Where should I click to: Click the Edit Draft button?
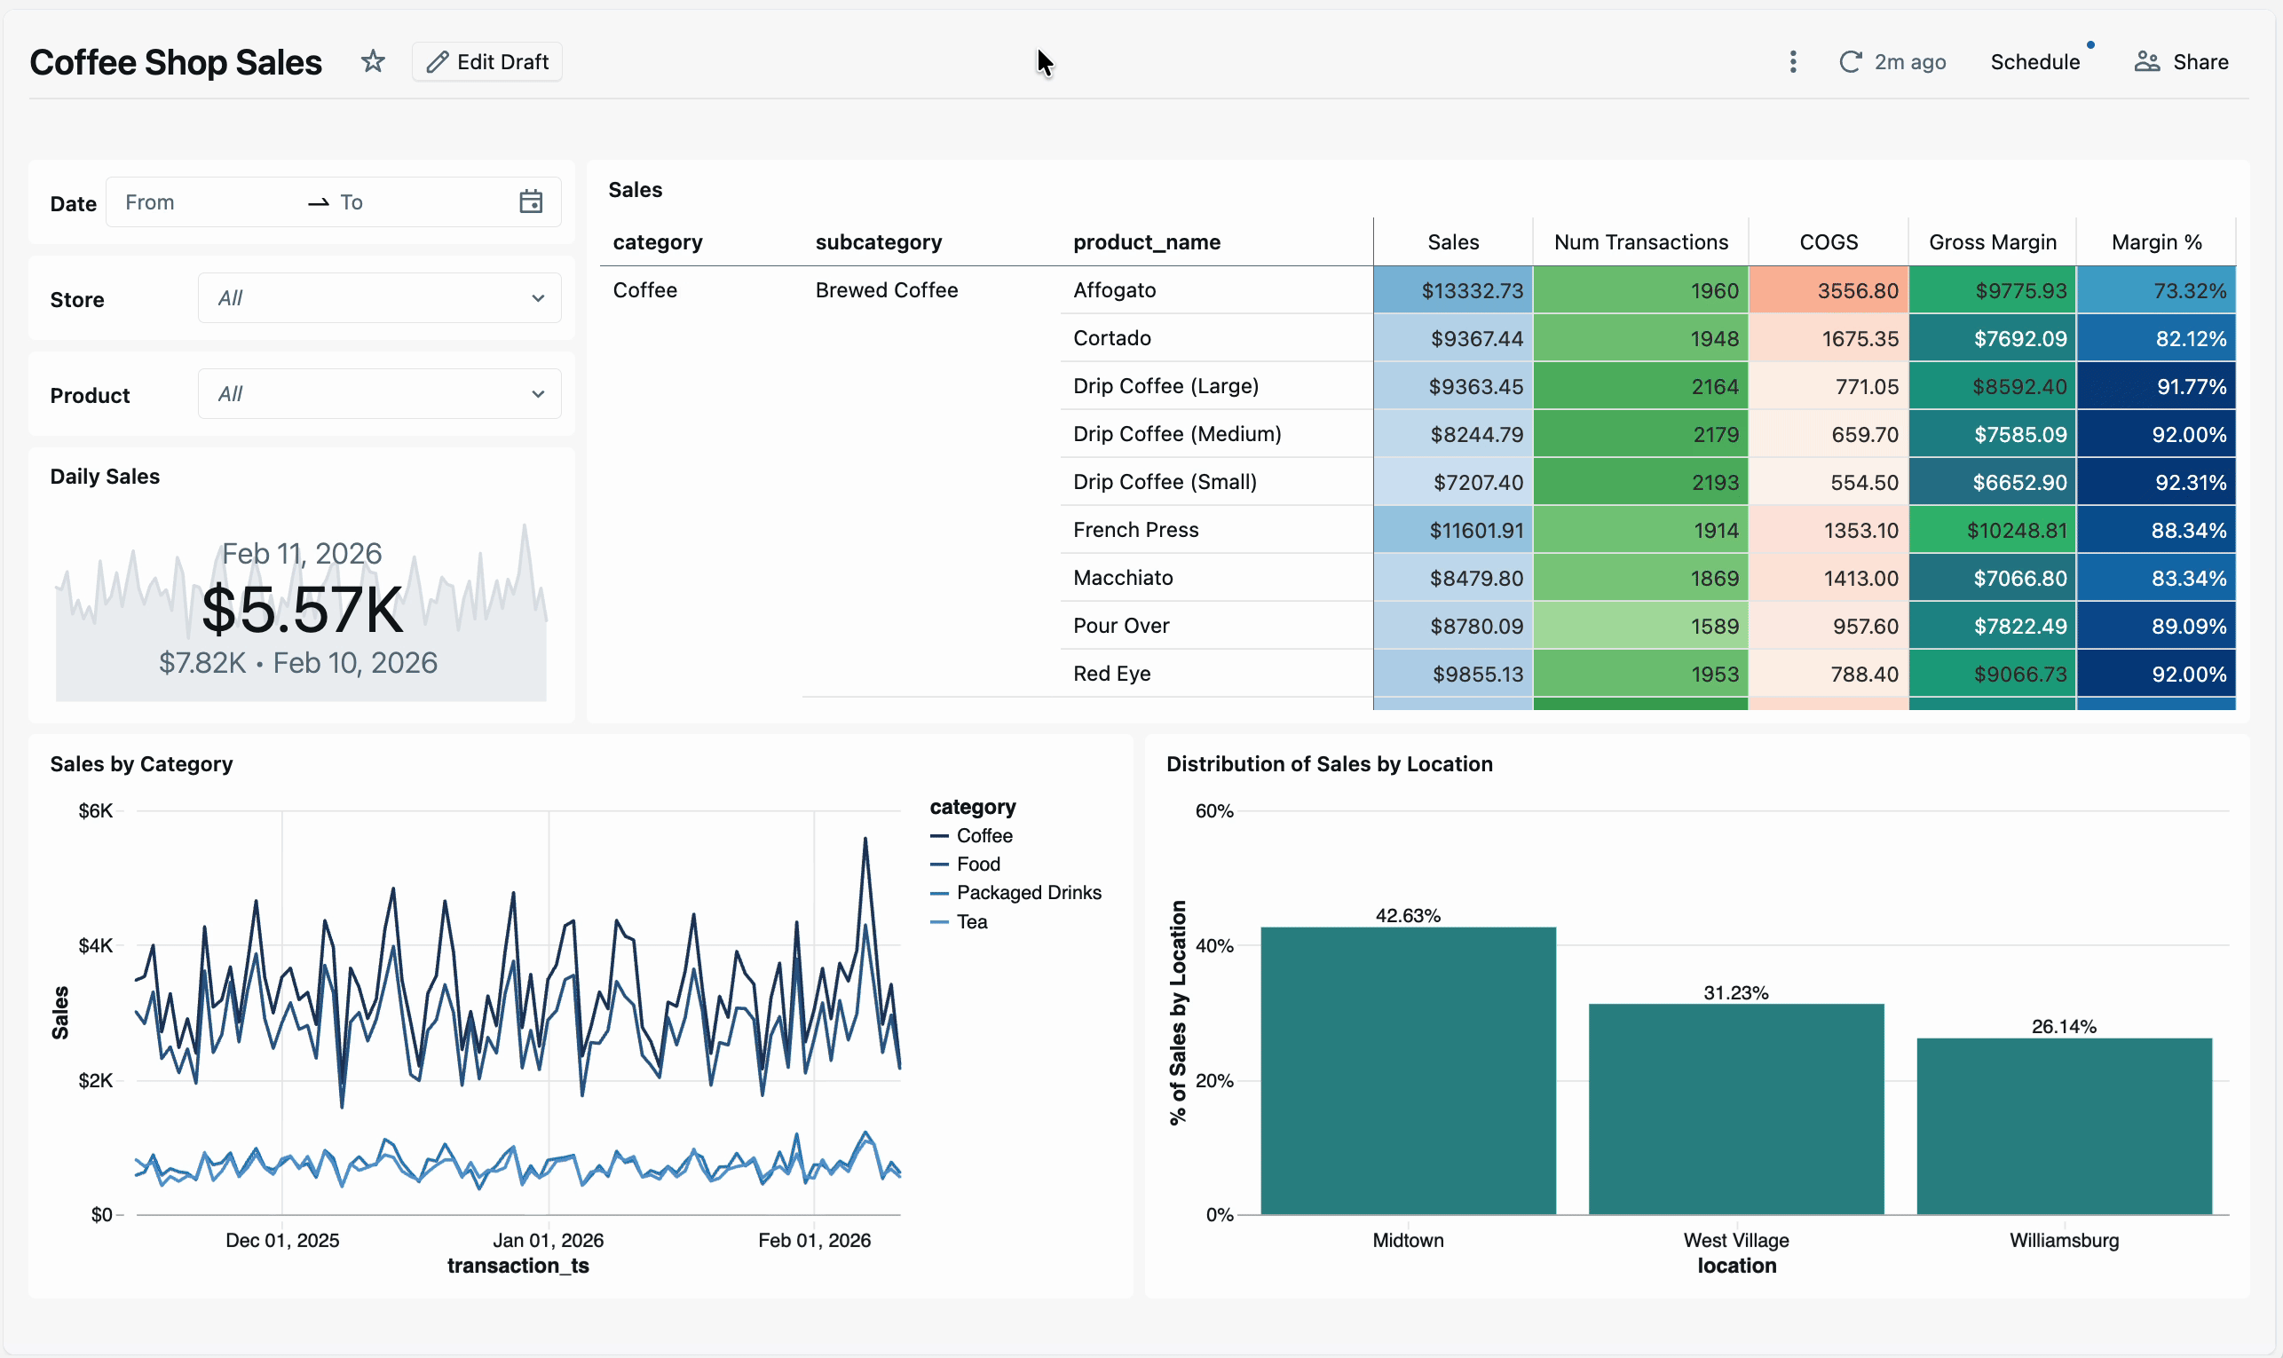point(486,61)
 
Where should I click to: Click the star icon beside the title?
point(373,61)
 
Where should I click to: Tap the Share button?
point(2182,61)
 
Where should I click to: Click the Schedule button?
point(2034,61)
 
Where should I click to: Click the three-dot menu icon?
point(1792,61)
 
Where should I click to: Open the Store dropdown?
point(379,298)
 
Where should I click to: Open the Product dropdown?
point(379,394)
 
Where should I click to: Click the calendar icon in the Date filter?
point(531,202)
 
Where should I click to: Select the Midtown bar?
point(1407,1070)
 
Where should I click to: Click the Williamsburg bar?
point(2064,1125)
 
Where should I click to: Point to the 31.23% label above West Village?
point(1735,993)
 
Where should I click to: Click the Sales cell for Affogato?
point(1452,291)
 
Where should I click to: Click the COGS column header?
point(1828,242)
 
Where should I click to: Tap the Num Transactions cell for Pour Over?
point(1639,626)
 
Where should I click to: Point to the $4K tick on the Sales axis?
point(97,945)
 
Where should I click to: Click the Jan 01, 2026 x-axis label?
point(548,1240)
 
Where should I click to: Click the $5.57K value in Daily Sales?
point(302,611)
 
